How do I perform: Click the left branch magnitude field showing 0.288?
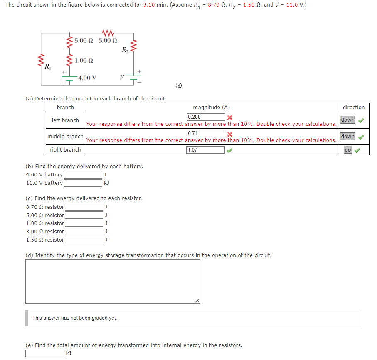206,117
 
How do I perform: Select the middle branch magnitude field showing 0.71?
206,133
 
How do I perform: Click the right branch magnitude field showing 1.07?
206,150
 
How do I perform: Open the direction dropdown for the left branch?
348,120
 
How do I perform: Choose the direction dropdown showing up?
348,150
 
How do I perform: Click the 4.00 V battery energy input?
82,175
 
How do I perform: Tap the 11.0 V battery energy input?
82,183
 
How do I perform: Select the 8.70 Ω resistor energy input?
84,207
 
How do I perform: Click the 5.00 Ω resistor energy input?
84,215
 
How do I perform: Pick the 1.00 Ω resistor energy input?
84,223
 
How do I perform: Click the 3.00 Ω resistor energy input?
84,231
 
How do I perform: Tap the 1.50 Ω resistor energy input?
84,240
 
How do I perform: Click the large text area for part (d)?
113,281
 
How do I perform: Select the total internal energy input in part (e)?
44,353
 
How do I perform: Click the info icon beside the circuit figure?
179,86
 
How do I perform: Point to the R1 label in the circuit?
48,66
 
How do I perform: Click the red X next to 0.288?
229,117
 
